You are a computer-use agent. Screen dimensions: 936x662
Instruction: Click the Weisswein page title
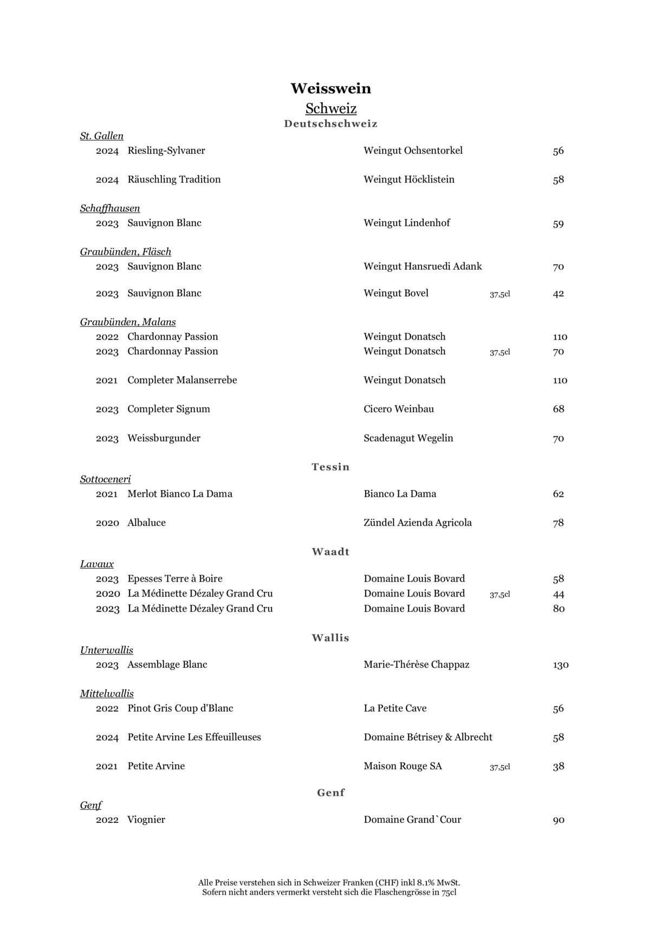(x=330, y=88)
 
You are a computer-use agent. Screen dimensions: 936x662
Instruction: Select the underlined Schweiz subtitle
(x=330, y=108)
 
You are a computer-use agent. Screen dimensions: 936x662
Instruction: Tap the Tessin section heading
(x=330, y=467)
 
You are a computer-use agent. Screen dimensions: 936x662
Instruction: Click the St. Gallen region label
(x=102, y=136)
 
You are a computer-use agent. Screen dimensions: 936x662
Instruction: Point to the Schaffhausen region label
(x=110, y=209)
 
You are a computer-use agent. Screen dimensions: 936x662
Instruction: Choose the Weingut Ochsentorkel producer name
(x=413, y=151)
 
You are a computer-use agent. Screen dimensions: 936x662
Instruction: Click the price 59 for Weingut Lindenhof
(x=558, y=224)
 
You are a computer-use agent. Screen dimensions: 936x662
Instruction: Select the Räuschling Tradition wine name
(x=174, y=179)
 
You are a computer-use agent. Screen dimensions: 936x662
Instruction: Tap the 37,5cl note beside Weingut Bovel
(x=499, y=294)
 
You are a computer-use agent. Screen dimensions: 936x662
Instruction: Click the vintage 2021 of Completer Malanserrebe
(x=107, y=380)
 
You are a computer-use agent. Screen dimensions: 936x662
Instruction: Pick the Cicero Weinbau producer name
(x=399, y=409)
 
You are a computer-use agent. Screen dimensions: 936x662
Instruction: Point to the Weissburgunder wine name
(x=164, y=438)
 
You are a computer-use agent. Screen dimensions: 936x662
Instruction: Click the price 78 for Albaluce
(x=558, y=523)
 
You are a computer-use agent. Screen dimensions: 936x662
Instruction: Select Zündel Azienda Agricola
(x=418, y=523)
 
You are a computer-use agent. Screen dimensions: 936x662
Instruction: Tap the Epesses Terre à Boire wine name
(x=175, y=578)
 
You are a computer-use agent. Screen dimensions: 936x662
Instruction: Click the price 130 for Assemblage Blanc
(x=560, y=665)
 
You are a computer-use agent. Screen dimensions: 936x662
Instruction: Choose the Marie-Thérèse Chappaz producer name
(x=416, y=665)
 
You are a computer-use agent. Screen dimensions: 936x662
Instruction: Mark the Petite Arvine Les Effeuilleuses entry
(x=194, y=737)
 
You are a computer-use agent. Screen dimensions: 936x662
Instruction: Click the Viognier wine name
(x=146, y=820)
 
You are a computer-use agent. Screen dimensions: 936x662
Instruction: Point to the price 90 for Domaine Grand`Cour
(x=558, y=820)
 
